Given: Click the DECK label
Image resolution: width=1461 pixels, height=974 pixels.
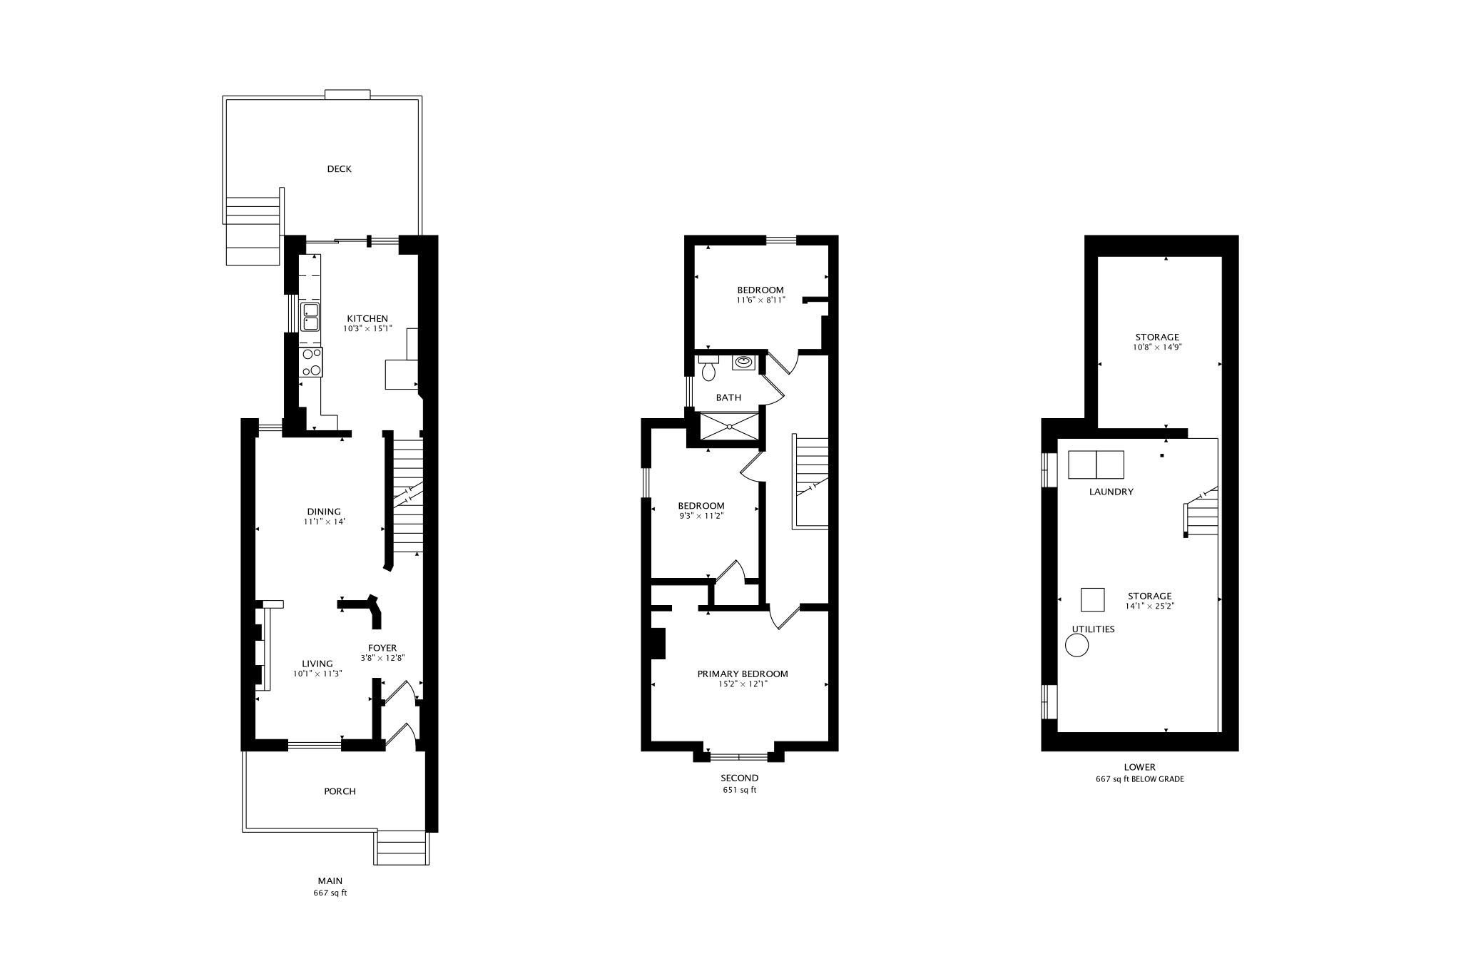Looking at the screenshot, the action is click(339, 169).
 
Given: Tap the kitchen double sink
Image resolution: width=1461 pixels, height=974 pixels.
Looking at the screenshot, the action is click(310, 317).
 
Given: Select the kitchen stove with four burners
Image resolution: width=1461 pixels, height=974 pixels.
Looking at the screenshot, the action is click(311, 362).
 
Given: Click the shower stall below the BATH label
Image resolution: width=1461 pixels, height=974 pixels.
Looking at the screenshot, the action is click(729, 427).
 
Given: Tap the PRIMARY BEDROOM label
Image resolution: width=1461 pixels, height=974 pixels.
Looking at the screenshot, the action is click(743, 674).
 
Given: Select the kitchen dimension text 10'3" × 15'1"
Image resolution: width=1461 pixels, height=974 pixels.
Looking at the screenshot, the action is click(367, 329).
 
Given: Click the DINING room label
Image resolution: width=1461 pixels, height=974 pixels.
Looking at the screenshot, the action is click(324, 512).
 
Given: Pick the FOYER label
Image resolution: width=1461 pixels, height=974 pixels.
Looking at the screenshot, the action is click(382, 648).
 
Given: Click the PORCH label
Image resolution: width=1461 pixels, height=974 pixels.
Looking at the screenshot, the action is click(340, 791).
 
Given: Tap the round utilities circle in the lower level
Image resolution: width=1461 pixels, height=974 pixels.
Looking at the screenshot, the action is click(1077, 646).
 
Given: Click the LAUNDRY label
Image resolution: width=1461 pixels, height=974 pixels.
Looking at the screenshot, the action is click(1111, 492).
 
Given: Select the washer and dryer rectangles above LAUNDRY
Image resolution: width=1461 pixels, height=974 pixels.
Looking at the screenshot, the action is click(1096, 465).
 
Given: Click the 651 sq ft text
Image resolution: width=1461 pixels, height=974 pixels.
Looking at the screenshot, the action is click(739, 790).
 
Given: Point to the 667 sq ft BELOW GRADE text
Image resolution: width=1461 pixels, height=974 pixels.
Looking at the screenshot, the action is click(1139, 779).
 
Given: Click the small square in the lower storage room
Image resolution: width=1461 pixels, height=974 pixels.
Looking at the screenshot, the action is click(1093, 599).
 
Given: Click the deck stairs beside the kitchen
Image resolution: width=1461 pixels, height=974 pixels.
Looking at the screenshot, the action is click(253, 230).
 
